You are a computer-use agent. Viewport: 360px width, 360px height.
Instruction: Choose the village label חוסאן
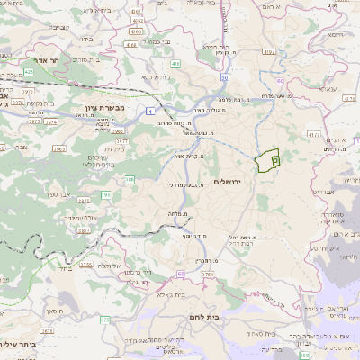(54, 310)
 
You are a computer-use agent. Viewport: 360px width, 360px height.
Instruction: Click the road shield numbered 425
(28, 70)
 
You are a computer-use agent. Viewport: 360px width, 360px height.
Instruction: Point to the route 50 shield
(280, 82)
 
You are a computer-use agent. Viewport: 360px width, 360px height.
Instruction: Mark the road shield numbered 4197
(269, 53)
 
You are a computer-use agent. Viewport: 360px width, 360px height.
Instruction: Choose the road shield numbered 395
(105, 194)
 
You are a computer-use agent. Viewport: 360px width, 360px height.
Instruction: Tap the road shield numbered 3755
(86, 265)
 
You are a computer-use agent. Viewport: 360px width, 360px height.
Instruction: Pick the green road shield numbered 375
(103, 319)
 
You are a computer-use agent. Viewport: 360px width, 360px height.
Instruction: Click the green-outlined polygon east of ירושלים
(265, 162)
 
